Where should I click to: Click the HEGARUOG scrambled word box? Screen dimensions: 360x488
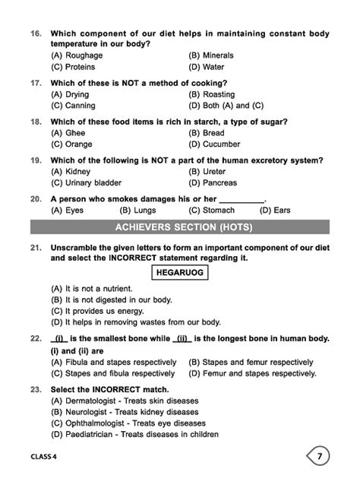179,272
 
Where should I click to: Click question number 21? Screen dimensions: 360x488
36,248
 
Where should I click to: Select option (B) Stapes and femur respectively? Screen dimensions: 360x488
251,362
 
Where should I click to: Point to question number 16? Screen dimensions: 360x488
36,34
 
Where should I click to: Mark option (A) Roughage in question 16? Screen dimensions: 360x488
77,55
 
